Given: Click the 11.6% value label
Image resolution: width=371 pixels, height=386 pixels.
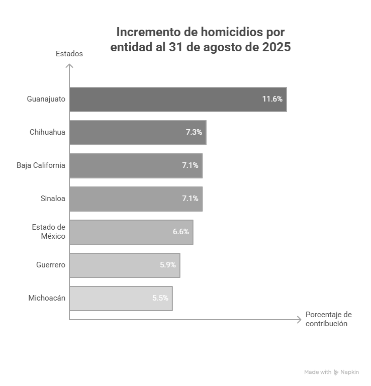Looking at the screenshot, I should tap(272, 99).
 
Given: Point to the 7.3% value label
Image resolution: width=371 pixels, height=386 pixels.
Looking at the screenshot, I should tap(194, 133).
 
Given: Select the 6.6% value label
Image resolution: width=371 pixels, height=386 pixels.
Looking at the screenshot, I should tap(180, 232).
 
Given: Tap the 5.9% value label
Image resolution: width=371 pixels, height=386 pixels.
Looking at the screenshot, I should tap(167, 265).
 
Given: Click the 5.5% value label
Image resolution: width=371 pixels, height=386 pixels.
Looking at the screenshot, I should tap(160, 298).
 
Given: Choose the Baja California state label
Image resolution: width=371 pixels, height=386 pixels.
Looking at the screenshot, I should tap(41, 165).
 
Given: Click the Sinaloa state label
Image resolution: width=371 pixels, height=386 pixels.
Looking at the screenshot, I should tap(53, 199).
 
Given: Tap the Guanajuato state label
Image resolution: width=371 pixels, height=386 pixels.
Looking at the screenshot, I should tap(46, 99).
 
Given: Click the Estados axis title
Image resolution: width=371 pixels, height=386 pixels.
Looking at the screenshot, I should tap(69, 54).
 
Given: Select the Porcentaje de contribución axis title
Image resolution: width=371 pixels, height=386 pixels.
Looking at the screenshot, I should tap(328, 319).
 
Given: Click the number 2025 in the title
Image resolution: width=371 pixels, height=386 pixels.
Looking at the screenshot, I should tap(276, 48).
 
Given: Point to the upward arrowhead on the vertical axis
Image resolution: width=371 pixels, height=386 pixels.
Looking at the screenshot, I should tap(69, 66).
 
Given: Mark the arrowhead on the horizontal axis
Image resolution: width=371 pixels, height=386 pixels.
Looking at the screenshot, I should tap(299, 320).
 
